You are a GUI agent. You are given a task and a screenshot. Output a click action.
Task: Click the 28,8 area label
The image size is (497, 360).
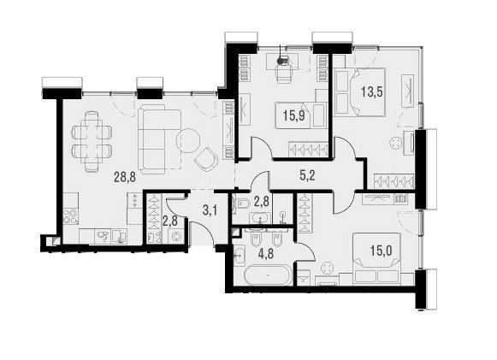coord(125,177)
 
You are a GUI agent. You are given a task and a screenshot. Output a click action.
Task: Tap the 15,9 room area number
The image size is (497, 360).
coord(294,116)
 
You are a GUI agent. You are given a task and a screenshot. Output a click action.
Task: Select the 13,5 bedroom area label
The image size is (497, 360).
coord(372,91)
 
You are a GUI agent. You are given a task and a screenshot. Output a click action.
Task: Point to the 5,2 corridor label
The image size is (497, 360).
coord(307,175)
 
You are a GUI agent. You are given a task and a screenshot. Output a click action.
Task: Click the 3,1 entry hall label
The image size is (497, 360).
coord(210,210)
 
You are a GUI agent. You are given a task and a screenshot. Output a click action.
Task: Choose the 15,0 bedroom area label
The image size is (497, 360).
coord(381,251)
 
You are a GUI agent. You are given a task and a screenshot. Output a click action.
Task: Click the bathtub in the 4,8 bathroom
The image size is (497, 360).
coord(268,275)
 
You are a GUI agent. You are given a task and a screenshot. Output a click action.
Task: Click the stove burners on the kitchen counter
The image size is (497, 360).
coord(70,217)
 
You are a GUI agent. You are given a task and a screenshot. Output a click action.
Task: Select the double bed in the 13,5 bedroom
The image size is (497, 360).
coord(360,91)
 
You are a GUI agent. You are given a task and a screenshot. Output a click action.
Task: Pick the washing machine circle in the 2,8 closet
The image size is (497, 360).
coord(175,236)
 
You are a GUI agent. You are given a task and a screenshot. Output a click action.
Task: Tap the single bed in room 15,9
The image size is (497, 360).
coord(300,115)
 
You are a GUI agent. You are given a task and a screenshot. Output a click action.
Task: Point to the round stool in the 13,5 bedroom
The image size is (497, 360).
coord(395,142)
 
